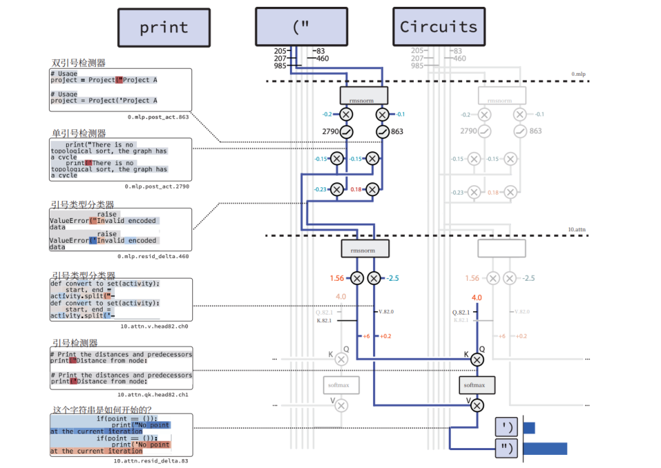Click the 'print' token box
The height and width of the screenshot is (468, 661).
[x=164, y=27]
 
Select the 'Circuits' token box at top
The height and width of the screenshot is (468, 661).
[x=439, y=27]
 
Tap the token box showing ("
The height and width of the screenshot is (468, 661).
[x=301, y=27]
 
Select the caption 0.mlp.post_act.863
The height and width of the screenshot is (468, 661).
[x=158, y=117]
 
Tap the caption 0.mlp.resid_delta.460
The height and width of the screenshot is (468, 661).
[x=154, y=256]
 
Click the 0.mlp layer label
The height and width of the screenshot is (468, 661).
[x=578, y=74]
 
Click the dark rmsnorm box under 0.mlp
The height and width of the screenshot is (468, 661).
[x=364, y=95]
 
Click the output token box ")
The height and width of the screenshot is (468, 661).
[x=507, y=449]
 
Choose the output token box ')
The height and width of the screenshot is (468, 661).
[x=507, y=427]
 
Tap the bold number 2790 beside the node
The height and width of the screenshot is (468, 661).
[x=332, y=131]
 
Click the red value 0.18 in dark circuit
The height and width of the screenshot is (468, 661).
[x=355, y=189]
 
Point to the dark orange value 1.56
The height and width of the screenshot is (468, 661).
[x=337, y=278]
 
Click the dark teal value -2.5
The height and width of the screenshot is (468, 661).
[x=393, y=278]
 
